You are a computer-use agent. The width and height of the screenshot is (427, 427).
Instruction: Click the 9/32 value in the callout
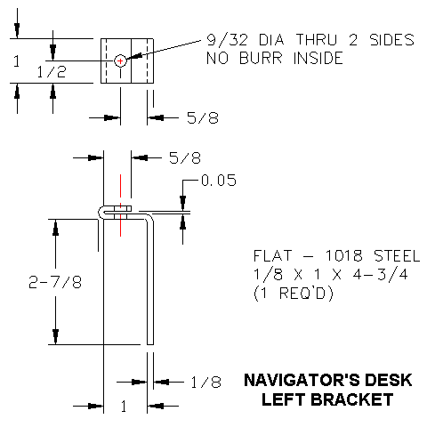(x=222, y=41)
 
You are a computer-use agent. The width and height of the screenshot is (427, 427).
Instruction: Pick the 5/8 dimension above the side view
(x=184, y=158)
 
